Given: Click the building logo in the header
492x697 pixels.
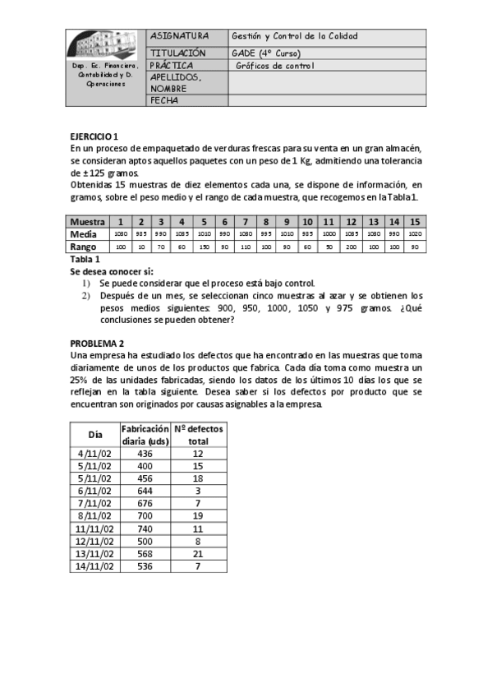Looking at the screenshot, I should pyautogui.click(x=105, y=44).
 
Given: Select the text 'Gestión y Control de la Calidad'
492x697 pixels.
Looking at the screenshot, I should pyautogui.click(x=295, y=37).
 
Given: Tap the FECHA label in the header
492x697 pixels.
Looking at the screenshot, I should pyautogui.click(x=165, y=101).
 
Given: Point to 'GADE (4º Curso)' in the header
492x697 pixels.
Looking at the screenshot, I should pyautogui.click(x=265, y=52).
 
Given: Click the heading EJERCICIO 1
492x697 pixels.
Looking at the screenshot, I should pyautogui.click(x=94, y=136).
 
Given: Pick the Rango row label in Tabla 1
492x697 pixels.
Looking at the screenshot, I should pyautogui.click(x=85, y=246).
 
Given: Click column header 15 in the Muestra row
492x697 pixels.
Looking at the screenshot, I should pyautogui.click(x=415, y=222).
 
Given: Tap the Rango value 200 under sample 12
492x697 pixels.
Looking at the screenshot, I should pyautogui.click(x=351, y=247).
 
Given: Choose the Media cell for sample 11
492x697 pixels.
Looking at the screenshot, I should pyautogui.click(x=329, y=234).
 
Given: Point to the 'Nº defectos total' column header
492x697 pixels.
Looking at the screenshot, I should pyautogui.click(x=198, y=435).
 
